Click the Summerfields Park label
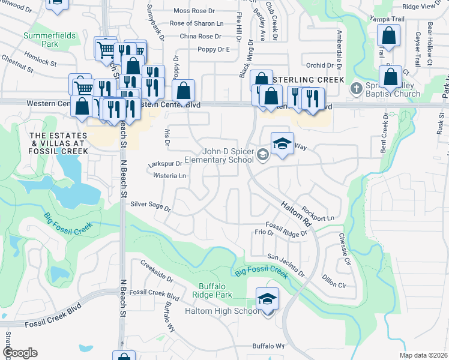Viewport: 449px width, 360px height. coord(49,40)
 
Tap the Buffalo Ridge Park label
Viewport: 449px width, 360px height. coord(212,291)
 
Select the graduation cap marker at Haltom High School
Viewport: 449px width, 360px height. coord(268,299)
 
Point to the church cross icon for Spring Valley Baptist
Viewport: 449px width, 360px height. coord(355,88)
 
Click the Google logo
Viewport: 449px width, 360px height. coord(20,353)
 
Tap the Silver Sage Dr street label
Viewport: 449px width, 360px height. coord(151,207)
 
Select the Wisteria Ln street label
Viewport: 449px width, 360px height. coord(170,176)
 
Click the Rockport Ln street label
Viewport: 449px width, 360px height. coord(318,212)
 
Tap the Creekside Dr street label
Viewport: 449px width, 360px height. coord(157,271)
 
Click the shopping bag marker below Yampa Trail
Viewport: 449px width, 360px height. coord(389,37)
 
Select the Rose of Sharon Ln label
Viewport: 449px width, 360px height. coord(196,23)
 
